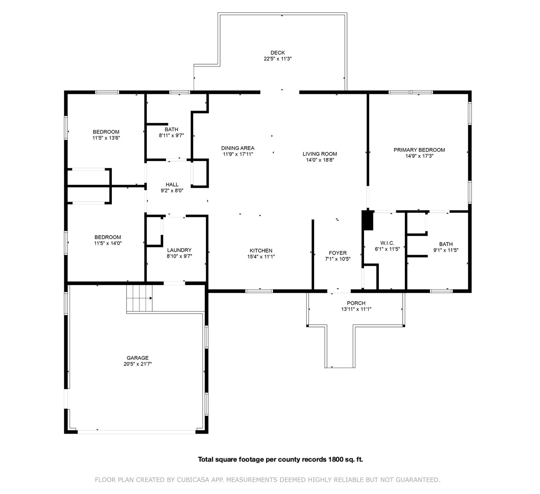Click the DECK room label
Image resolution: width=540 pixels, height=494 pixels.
(278, 53)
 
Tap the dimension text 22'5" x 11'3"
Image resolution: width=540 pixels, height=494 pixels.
(278, 59)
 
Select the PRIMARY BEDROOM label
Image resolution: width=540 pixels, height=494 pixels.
(419, 150)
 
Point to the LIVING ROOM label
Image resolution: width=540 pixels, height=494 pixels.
(320, 154)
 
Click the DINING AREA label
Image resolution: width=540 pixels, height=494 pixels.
(238, 148)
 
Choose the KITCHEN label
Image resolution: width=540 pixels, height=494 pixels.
(261, 251)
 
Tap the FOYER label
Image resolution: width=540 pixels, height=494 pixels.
(337, 253)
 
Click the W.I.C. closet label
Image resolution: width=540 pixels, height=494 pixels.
(387, 243)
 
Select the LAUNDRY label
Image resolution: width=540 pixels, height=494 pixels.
(179, 250)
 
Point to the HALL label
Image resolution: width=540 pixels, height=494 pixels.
(172, 185)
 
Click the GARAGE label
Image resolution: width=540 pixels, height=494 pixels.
(138, 358)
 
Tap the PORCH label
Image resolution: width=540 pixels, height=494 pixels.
(356, 303)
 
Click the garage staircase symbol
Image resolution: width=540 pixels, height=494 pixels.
(139, 298)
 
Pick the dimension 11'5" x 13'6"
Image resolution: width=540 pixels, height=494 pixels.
(106, 138)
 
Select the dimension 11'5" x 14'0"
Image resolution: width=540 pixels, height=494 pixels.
(108, 243)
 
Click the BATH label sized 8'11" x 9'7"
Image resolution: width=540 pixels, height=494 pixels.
(171, 129)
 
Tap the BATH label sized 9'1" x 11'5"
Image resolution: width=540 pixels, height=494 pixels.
(446, 244)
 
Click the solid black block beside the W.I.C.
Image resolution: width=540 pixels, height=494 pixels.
(368, 220)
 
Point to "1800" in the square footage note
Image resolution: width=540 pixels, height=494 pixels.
(335, 460)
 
